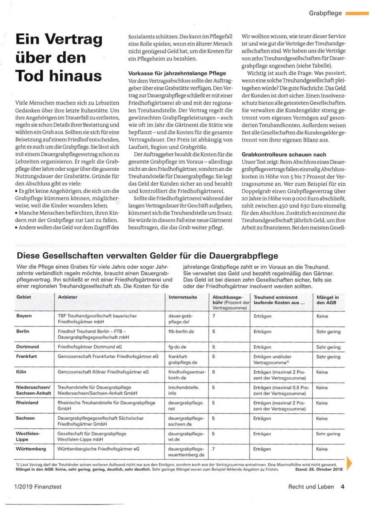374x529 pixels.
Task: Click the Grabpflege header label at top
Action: click(325, 13)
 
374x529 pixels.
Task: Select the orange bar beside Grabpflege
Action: click(357, 14)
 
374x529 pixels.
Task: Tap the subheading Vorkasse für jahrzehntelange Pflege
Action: click(177, 73)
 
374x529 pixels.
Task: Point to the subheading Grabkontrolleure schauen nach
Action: click(284, 154)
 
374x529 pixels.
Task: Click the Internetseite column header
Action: click(183, 297)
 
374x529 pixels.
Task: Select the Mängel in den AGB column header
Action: click(327, 300)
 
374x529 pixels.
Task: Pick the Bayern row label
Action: click(24, 316)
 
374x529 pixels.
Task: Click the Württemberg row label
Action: click(31, 449)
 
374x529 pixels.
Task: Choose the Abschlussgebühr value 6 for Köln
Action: click(214, 372)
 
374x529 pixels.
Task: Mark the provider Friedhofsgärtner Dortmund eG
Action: click(90, 347)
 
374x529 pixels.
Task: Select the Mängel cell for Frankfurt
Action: click(328, 357)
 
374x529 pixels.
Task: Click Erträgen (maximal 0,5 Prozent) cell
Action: click(281, 390)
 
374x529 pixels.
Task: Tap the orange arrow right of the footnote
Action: click(350, 463)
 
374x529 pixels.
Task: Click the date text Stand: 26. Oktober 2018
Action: click(318, 470)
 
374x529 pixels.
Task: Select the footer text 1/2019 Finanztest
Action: click(38, 487)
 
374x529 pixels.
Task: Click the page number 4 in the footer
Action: click(342, 487)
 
